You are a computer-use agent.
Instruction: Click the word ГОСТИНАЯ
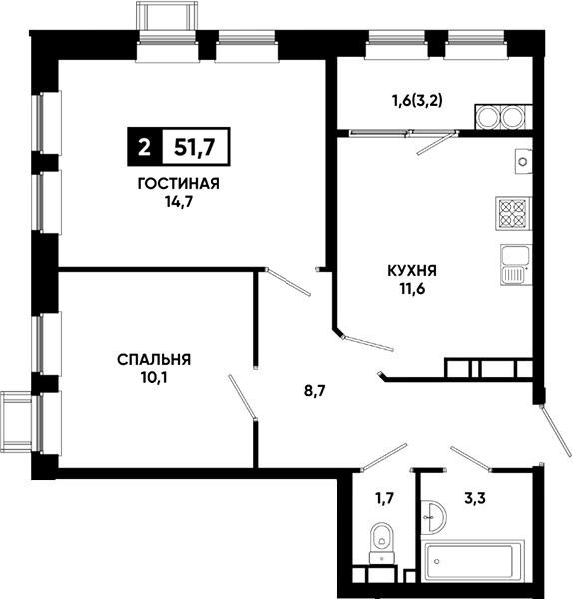click(179, 184)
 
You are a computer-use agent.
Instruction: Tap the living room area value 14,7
click(179, 202)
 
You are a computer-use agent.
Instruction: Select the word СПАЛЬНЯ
click(154, 360)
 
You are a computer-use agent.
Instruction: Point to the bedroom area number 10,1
click(154, 378)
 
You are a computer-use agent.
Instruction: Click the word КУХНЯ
click(412, 271)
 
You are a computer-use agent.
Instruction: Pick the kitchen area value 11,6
click(412, 289)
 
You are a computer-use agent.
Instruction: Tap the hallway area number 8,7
click(314, 391)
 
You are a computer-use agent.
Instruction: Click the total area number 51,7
click(195, 147)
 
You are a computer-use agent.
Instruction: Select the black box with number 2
click(145, 147)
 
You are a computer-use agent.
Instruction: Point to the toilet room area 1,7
click(384, 498)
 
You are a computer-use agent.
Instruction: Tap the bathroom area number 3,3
click(475, 498)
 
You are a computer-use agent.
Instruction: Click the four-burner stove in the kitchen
click(513, 213)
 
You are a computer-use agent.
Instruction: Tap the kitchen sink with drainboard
click(516, 265)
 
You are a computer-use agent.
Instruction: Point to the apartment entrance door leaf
click(555, 431)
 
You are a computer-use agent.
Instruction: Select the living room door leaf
click(288, 282)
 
